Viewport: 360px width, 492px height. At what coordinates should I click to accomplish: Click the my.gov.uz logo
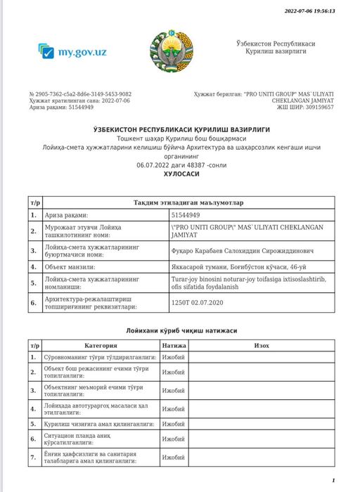[72, 52]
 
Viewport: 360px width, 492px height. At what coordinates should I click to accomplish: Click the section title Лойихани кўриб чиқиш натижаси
[181, 330]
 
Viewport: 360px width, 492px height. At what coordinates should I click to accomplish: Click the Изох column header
[262, 346]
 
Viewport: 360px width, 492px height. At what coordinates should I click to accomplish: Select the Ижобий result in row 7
[173, 458]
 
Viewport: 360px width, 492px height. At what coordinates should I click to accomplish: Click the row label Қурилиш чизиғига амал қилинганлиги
[93, 424]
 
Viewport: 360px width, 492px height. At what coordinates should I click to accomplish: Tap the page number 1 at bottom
[332, 480]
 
